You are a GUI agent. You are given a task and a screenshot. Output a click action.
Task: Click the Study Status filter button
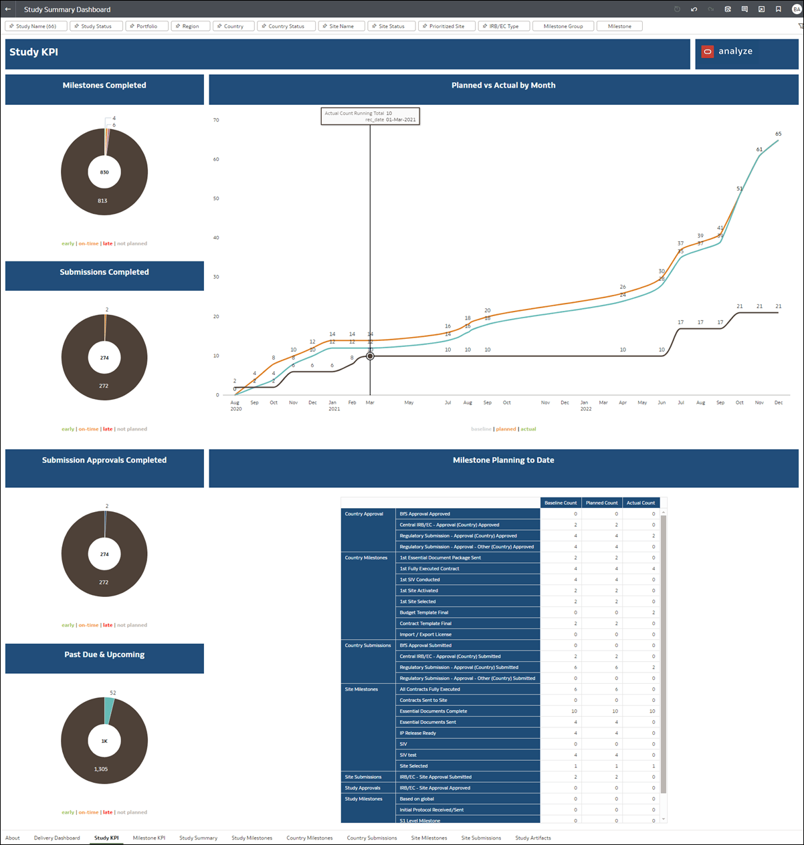click(96, 26)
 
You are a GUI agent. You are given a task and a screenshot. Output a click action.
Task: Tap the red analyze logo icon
click(707, 51)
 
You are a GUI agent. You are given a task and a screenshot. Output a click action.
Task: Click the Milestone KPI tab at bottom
click(148, 838)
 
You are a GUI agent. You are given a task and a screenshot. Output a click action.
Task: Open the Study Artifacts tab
click(532, 838)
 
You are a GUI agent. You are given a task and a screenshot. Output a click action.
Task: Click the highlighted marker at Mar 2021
click(370, 356)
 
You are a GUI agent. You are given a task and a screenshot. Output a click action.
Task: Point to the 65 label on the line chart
click(778, 134)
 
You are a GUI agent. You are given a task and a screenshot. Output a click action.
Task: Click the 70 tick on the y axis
click(216, 120)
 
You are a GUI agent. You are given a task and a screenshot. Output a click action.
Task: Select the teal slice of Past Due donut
click(109, 710)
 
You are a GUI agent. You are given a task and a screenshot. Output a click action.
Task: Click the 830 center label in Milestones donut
click(104, 172)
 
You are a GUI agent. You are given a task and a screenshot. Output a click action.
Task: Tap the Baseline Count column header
click(561, 503)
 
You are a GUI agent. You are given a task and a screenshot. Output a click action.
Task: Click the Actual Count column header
click(640, 503)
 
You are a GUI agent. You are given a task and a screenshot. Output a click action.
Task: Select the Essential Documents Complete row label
click(433, 711)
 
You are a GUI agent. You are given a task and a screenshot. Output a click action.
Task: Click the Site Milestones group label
click(361, 689)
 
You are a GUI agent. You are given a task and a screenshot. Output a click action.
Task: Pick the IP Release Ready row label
click(417, 733)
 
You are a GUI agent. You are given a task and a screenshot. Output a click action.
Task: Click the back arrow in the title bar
click(8, 9)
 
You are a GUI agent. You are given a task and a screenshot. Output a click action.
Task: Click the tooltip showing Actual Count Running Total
click(370, 116)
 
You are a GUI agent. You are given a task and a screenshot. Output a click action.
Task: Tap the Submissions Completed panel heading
click(104, 272)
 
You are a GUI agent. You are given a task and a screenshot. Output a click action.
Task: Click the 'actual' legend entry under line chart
click(528, 429)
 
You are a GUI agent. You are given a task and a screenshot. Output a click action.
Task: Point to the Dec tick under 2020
click(312, 402)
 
